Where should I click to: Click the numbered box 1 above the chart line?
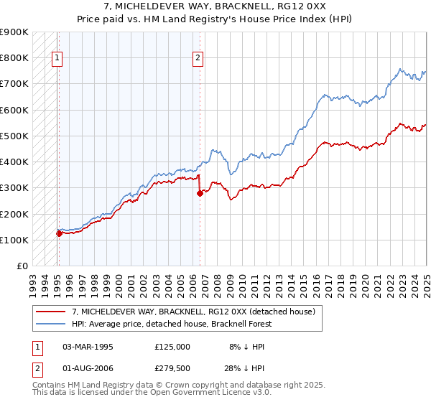point(57,60)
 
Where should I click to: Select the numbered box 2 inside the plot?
point(198,60)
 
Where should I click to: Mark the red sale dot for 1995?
point(59,233)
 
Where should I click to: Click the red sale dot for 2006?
point(200,193)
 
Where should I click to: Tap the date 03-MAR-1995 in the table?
point(88,346)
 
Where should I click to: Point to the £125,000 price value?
point(172,346)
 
